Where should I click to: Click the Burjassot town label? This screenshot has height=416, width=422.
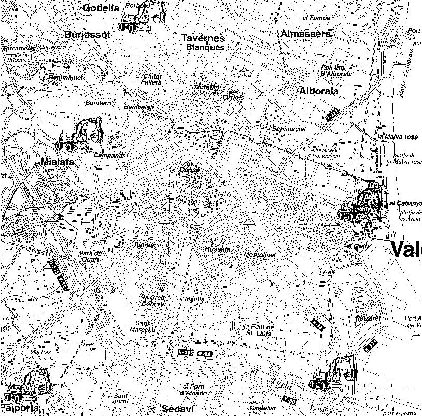pos(88,35)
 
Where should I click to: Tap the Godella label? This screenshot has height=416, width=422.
pos(101,8)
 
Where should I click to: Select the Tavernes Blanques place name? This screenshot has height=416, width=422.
pos(203,43)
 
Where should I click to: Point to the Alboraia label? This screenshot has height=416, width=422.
pos(318,91)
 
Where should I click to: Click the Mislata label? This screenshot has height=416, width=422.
pos(57,162)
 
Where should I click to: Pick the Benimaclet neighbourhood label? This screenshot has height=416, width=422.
pos(288,128)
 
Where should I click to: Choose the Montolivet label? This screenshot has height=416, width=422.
pos(259,255)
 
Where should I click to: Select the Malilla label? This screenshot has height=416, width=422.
pos(194,299)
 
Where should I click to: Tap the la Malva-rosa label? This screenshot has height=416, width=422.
pos(398,137)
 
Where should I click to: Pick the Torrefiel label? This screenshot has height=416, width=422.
pos(206,87)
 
